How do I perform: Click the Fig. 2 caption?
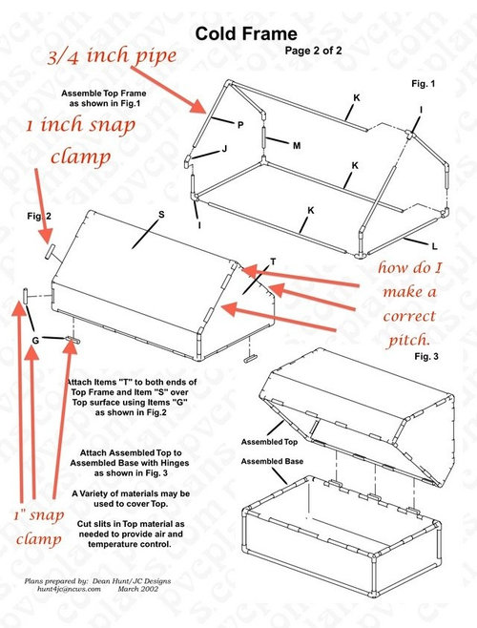point(39,217)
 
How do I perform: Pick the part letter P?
point(240,124)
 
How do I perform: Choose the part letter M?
point(297,145)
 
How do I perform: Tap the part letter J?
point(224,150)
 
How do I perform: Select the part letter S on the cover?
point(161,215)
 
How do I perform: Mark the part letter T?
point(273,261)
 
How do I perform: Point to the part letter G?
point(34,341)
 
